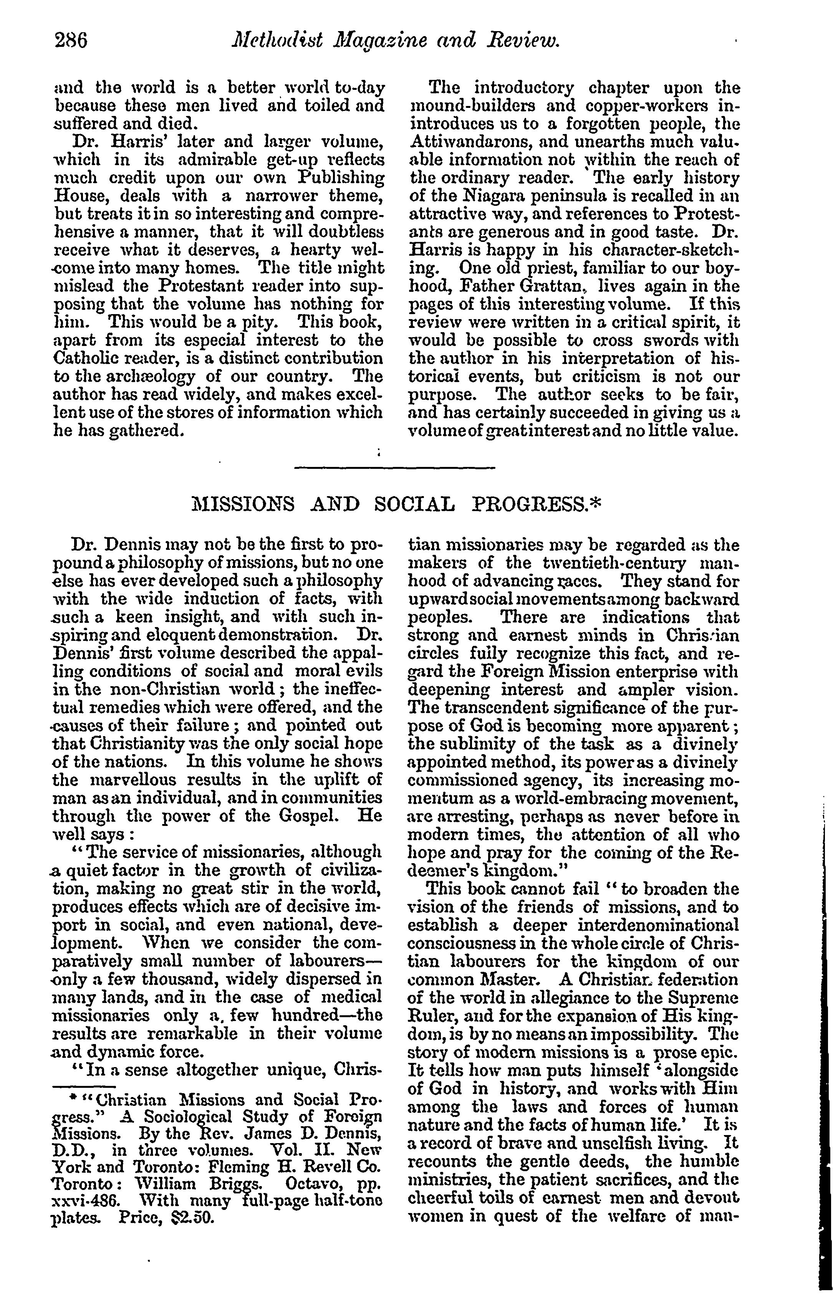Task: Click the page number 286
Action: pos(71,41)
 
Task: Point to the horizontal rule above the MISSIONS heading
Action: pos(394,467)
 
